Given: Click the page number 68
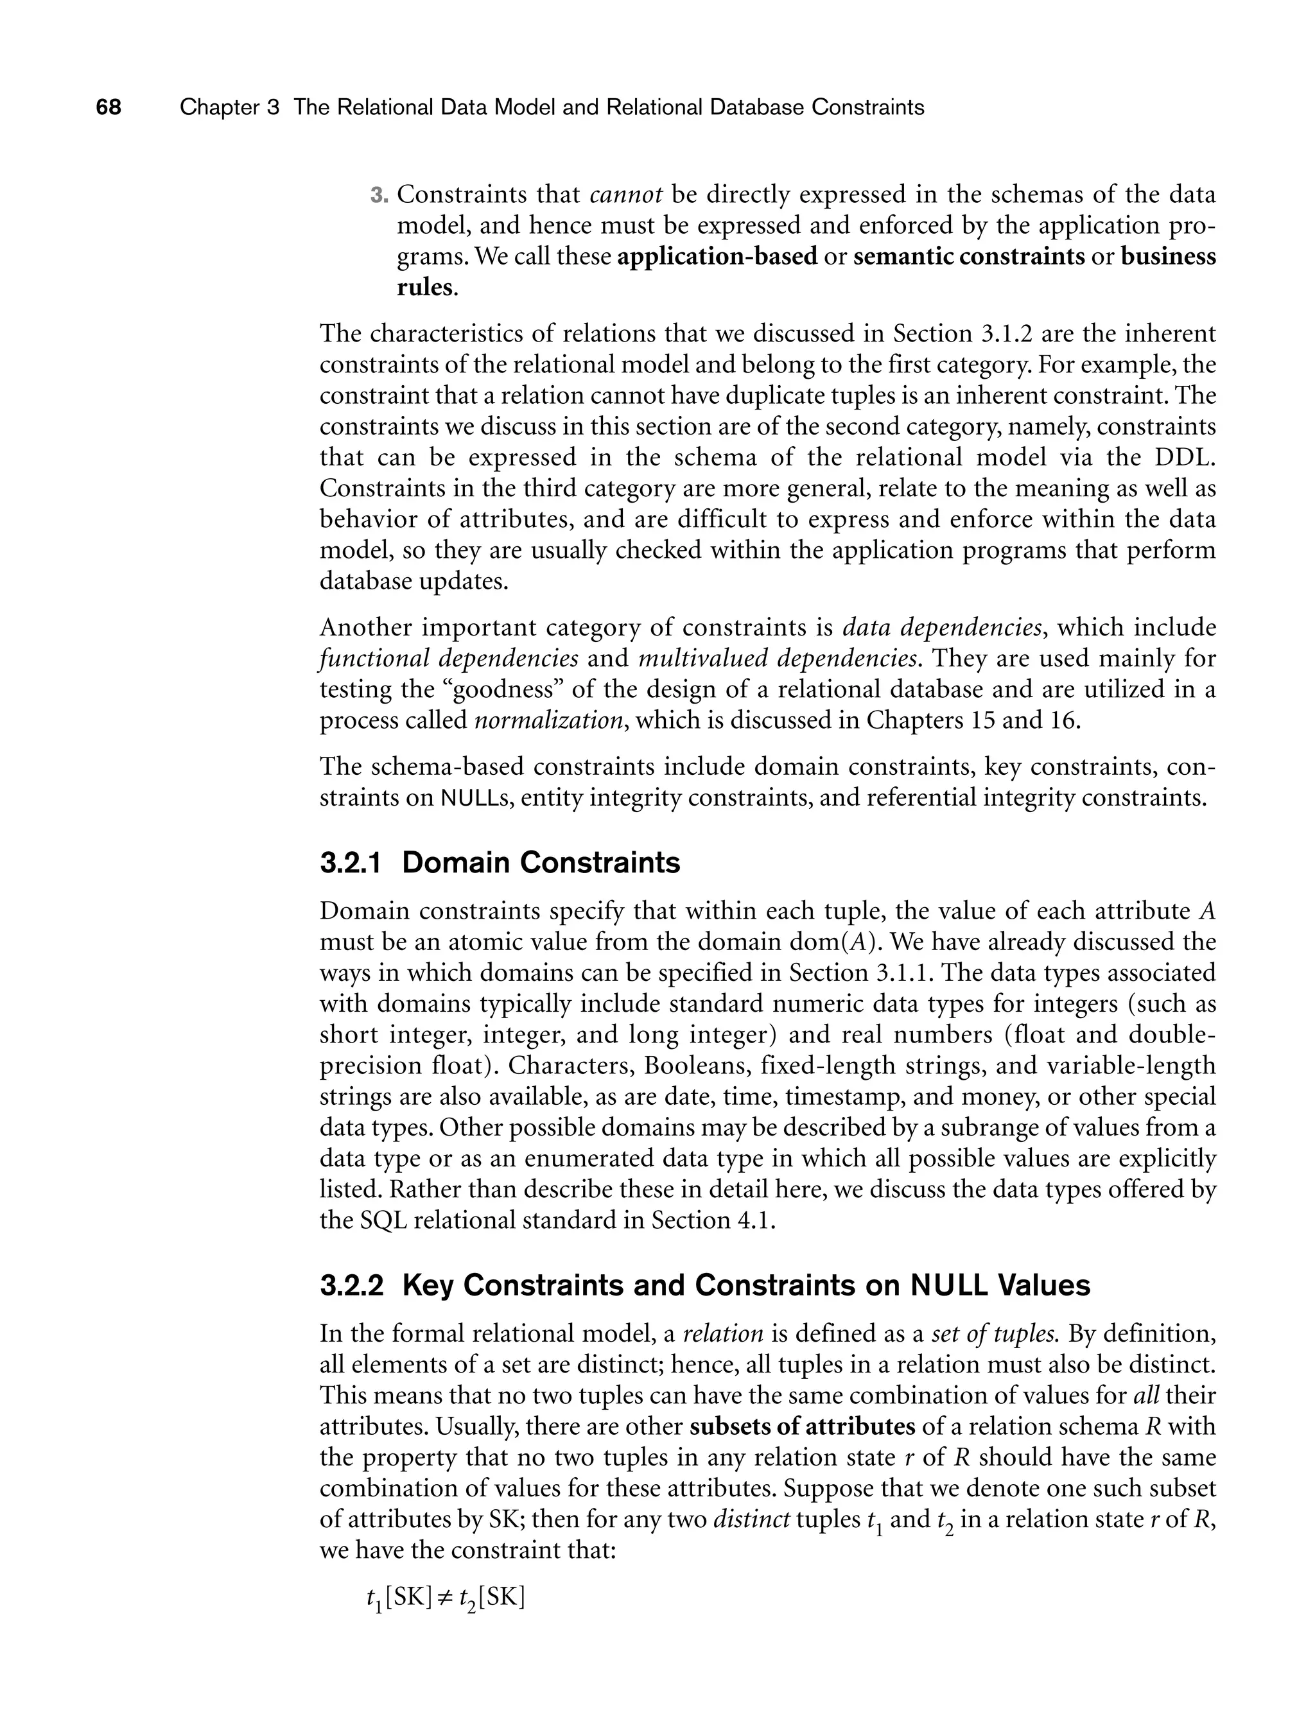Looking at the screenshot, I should (109, 107).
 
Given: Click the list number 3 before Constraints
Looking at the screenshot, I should (378, 195).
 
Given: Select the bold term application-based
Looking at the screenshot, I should (717, 257).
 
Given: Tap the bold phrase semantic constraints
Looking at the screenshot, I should (968, 257).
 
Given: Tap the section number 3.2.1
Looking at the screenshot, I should (351, 863).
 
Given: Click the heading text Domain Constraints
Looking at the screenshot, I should (541, 863).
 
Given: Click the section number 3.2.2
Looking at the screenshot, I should (351, 1286).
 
